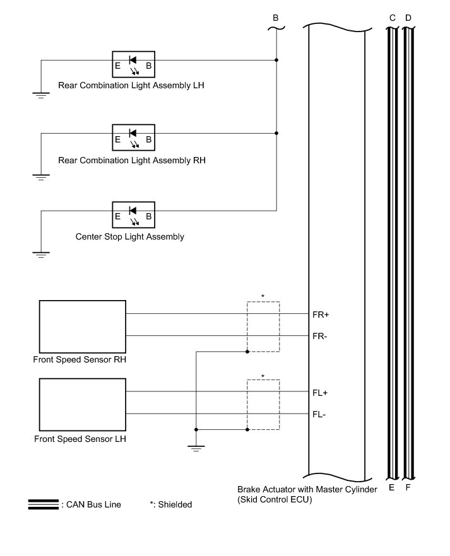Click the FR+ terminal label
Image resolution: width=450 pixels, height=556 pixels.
321,314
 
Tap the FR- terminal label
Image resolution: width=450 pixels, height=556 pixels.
320,336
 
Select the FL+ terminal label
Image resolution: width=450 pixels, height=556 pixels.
320,392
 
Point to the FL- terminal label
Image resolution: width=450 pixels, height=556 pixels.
319,414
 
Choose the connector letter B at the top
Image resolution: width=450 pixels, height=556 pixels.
275,18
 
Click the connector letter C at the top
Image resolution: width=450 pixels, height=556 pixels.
392,18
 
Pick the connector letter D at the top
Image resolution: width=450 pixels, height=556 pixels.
408,18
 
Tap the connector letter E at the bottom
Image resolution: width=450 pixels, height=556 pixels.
392,488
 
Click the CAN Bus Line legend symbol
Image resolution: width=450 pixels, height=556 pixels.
44,504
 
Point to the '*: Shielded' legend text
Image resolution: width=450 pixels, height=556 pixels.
170,504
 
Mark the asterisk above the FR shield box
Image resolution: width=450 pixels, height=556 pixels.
263,296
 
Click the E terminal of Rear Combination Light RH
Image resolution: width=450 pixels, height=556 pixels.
117,139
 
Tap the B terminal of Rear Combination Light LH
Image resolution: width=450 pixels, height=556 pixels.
149,66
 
